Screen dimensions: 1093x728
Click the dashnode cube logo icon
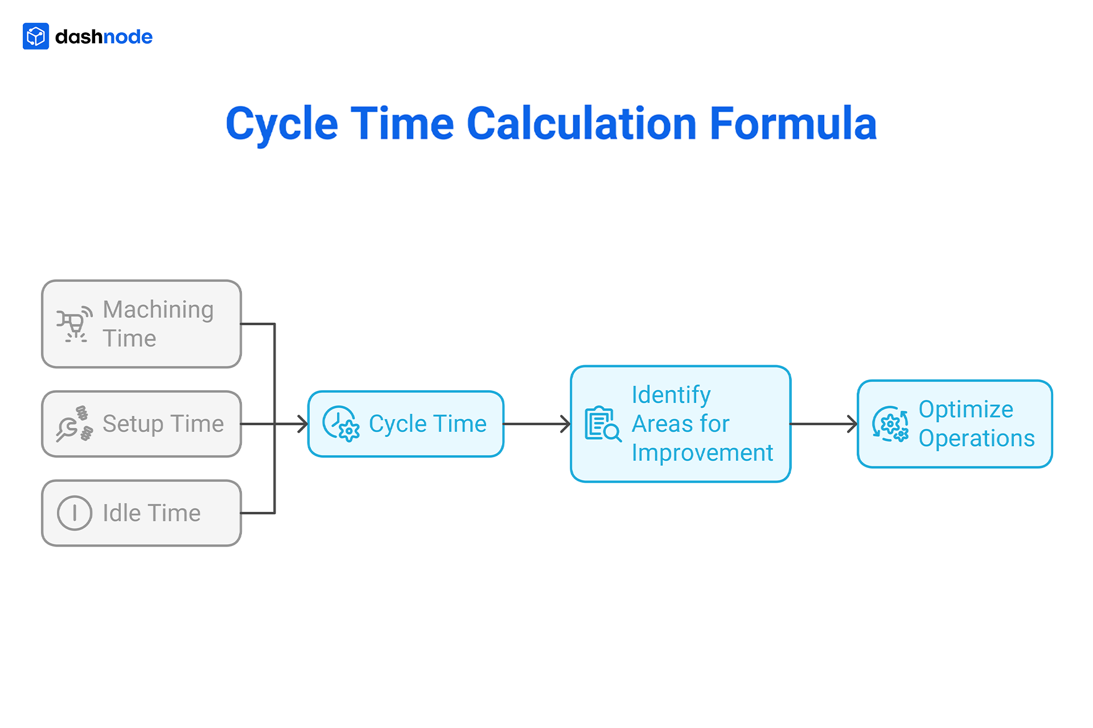36,36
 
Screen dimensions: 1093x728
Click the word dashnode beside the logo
104,37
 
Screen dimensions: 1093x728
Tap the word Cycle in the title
282,124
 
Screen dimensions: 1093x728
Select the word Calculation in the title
581,123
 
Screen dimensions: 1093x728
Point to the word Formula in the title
793,123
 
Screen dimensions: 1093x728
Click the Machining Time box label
158,324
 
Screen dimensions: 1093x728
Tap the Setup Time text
163,424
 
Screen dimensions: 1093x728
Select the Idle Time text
151,513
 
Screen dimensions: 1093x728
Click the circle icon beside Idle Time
75,513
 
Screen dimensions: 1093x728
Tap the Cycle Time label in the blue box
428,424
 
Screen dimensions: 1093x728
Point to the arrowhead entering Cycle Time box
303,424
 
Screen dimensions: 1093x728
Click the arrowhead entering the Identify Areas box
565,424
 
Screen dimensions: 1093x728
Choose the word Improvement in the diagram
702,453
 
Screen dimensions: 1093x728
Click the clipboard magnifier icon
603,424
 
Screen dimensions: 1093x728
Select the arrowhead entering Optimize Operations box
852,424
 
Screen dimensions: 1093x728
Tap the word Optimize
965,409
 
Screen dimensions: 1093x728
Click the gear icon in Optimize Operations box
890,424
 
